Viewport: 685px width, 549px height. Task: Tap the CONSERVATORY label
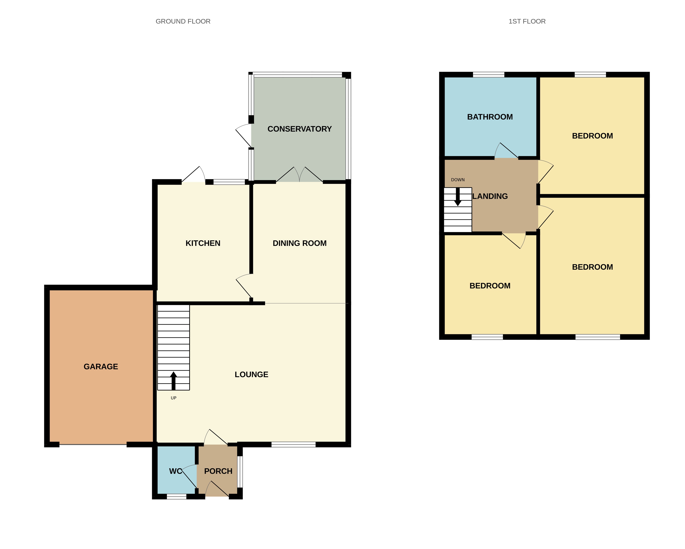(x=299, y=129)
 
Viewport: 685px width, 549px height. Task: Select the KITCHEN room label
(x=203, y=243)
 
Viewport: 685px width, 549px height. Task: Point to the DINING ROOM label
(x=299, y=243)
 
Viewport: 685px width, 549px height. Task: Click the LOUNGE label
(x=251, y=374)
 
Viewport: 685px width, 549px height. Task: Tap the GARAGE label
(x=101, y=366)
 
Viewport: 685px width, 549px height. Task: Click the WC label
(x=175, y=471)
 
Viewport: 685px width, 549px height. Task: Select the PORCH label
(x=218, y=471)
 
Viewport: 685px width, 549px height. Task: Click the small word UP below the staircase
(x=174, y=398)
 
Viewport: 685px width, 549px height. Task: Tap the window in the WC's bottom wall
(x=177, y=497)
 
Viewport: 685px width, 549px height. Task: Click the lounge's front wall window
(x=293, y=445)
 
